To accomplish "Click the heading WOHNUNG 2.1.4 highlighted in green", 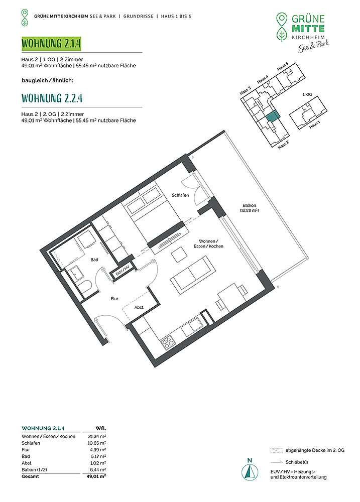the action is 51,43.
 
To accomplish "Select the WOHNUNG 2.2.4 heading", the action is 52,98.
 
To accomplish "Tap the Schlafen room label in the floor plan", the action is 180,195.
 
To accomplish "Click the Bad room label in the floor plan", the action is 94,260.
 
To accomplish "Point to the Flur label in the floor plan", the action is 114,298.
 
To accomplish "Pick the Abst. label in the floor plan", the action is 139,307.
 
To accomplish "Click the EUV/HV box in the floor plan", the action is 122,273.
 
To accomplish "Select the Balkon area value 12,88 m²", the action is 249,211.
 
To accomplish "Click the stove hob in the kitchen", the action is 168,343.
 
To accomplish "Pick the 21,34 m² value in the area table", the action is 97,436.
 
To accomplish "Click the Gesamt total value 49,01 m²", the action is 96,476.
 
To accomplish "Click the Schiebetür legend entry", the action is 297,462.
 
